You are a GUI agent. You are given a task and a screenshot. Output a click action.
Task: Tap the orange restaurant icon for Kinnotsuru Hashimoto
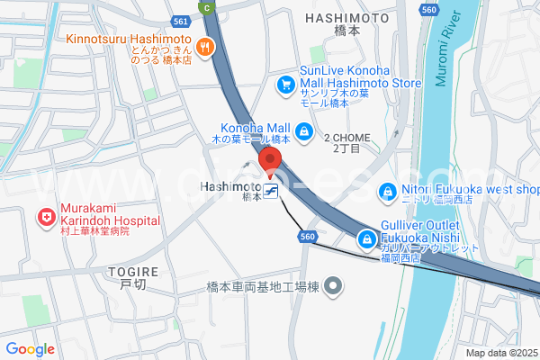tap(205, 48)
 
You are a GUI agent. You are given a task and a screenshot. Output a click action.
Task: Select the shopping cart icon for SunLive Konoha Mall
tap(286, 84)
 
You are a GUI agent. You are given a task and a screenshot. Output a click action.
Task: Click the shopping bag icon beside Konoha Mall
tap(305, 132)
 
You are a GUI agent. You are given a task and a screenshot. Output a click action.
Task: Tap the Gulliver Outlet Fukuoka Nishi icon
tap(367, 239)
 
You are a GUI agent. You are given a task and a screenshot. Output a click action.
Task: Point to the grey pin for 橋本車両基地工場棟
tap(334, 287)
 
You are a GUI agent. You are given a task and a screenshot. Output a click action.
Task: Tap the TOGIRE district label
tap(132, 271)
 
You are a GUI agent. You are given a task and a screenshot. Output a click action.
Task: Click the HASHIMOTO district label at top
tap(346, 17)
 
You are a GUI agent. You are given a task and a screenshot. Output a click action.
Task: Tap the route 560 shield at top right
tap(428, 10)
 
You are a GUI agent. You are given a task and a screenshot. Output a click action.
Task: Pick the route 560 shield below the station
tap(308, 236)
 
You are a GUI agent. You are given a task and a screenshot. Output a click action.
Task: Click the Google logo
tap(30, 349)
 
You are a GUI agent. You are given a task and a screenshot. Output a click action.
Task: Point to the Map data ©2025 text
tap(499, 353)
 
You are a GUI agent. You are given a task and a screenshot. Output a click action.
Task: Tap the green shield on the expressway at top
tap(209, 7)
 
